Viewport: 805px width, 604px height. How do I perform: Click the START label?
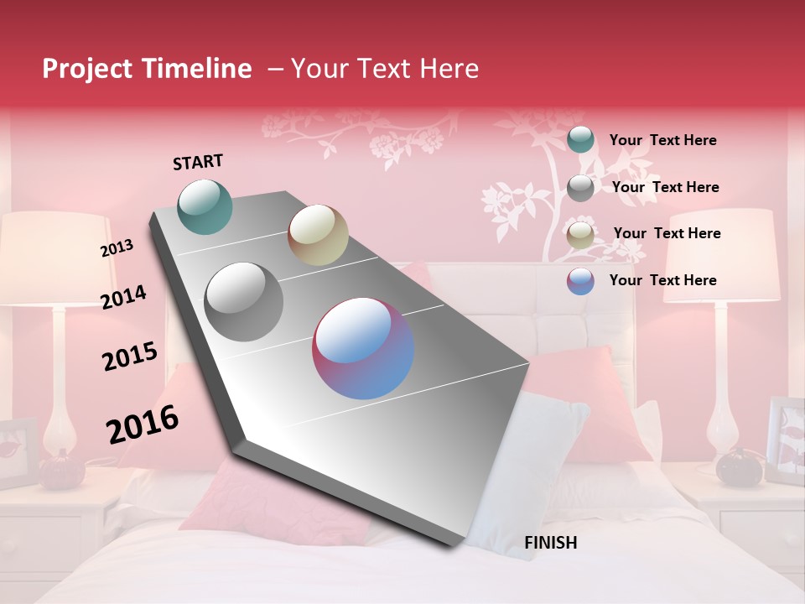pyautogui.click(x=198, y=162)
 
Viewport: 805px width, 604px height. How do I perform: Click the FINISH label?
pyautogui.click(x=550, y=543)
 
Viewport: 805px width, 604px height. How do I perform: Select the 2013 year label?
pyautogui.click(x=117, y=248)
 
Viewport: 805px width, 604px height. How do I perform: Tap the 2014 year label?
pyautogui.click(x=123, y=297)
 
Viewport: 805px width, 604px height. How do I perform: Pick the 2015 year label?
pyautogui.click(x=130, y=357)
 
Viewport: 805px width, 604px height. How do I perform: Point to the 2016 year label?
pyautogui.click(x=143, y=424)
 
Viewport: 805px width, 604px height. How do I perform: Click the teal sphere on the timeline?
pyautogui.click(x=205, y=206)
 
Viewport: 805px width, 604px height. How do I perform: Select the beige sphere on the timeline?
pyautogui.click(x=318, y=235)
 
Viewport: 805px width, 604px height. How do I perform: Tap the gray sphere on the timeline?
pyautogui.click(x=244, y=301)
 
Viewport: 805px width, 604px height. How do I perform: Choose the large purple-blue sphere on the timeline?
pyautogui.click(x=363, y=348)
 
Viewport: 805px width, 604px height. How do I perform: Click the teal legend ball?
pyautogui.click(x=580, y=139)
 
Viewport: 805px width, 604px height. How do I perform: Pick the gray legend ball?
pyautogui.click(x=580, y=187)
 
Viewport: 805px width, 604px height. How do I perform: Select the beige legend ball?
pyautogui.click(x=580, y=235)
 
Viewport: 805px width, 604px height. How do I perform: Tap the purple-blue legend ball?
pyautogui.click(x=580, y=281)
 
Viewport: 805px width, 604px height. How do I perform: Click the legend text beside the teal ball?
pyautogui.click(x=662, y=140)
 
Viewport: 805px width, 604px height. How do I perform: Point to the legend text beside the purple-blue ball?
pyautogui.click(x=662, y=280)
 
